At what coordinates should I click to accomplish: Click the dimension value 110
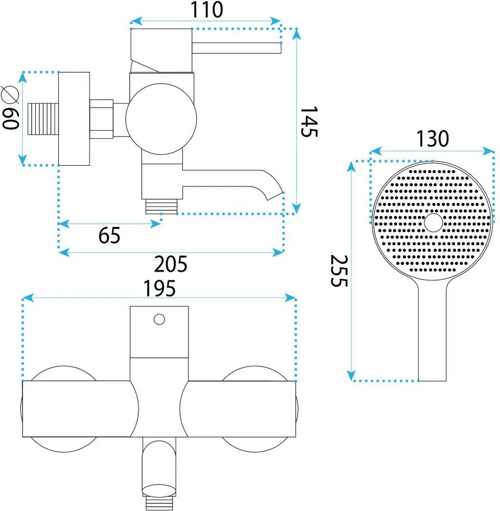click(x=205, y=9)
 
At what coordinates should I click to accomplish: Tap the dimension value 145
click(x=308, y=122)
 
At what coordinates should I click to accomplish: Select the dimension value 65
click(x=109, y=236)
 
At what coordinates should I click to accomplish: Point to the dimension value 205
click(x=170, y=265)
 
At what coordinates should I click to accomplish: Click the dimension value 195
click(x=159, y=287)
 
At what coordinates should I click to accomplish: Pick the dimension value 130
click(x=431, y=139)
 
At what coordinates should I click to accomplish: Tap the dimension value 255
click(x=339, y=271)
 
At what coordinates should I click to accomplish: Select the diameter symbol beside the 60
click(x=10, y=94)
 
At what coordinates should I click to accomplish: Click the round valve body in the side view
click(x=161, y=118)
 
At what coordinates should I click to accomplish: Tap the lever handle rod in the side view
click(x=237, y=48)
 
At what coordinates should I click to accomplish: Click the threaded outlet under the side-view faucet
click(x=161, y=207)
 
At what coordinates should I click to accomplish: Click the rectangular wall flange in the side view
click(x=74, y=119)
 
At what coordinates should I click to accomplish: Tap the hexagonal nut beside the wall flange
click(x=102, y=119)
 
